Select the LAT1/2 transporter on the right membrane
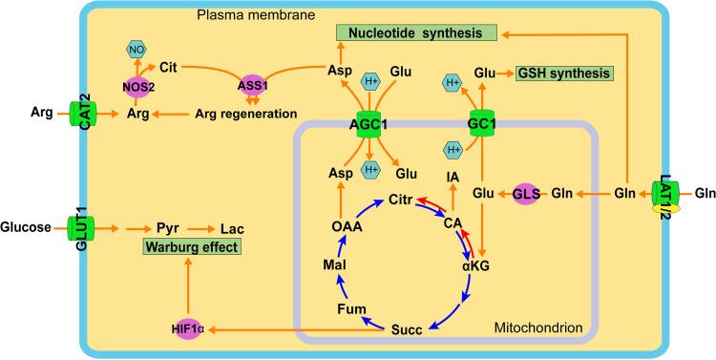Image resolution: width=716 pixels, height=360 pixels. (x=669, y=193)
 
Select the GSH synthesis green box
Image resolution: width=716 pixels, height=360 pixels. (x=563, y=73)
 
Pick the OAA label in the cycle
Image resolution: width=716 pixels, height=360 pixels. (x=319, y=227)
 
